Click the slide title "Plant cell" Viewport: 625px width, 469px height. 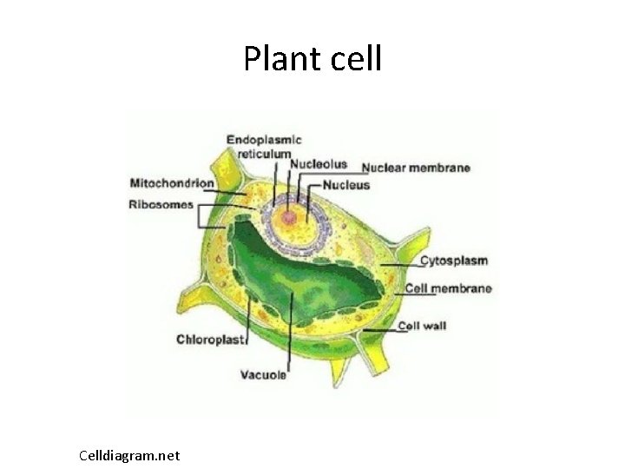tap(312, 59)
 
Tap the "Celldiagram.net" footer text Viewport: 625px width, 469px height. tap(129, 455)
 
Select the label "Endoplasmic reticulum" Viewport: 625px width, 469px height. tap(264, 145)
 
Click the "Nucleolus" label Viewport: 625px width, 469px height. tap(319, 164)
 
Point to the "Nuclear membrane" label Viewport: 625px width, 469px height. tap(416, 168)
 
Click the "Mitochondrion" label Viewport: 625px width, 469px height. tap(171, 183)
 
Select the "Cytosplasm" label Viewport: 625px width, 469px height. tap(454, 261)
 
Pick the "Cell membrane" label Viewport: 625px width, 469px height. tap(448, 288)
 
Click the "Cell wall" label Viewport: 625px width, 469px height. tap(422, 327)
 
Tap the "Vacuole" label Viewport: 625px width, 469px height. tap(263, 375)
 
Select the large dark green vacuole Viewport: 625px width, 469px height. tap(295, 278)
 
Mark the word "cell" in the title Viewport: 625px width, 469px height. tap(357, 59)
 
